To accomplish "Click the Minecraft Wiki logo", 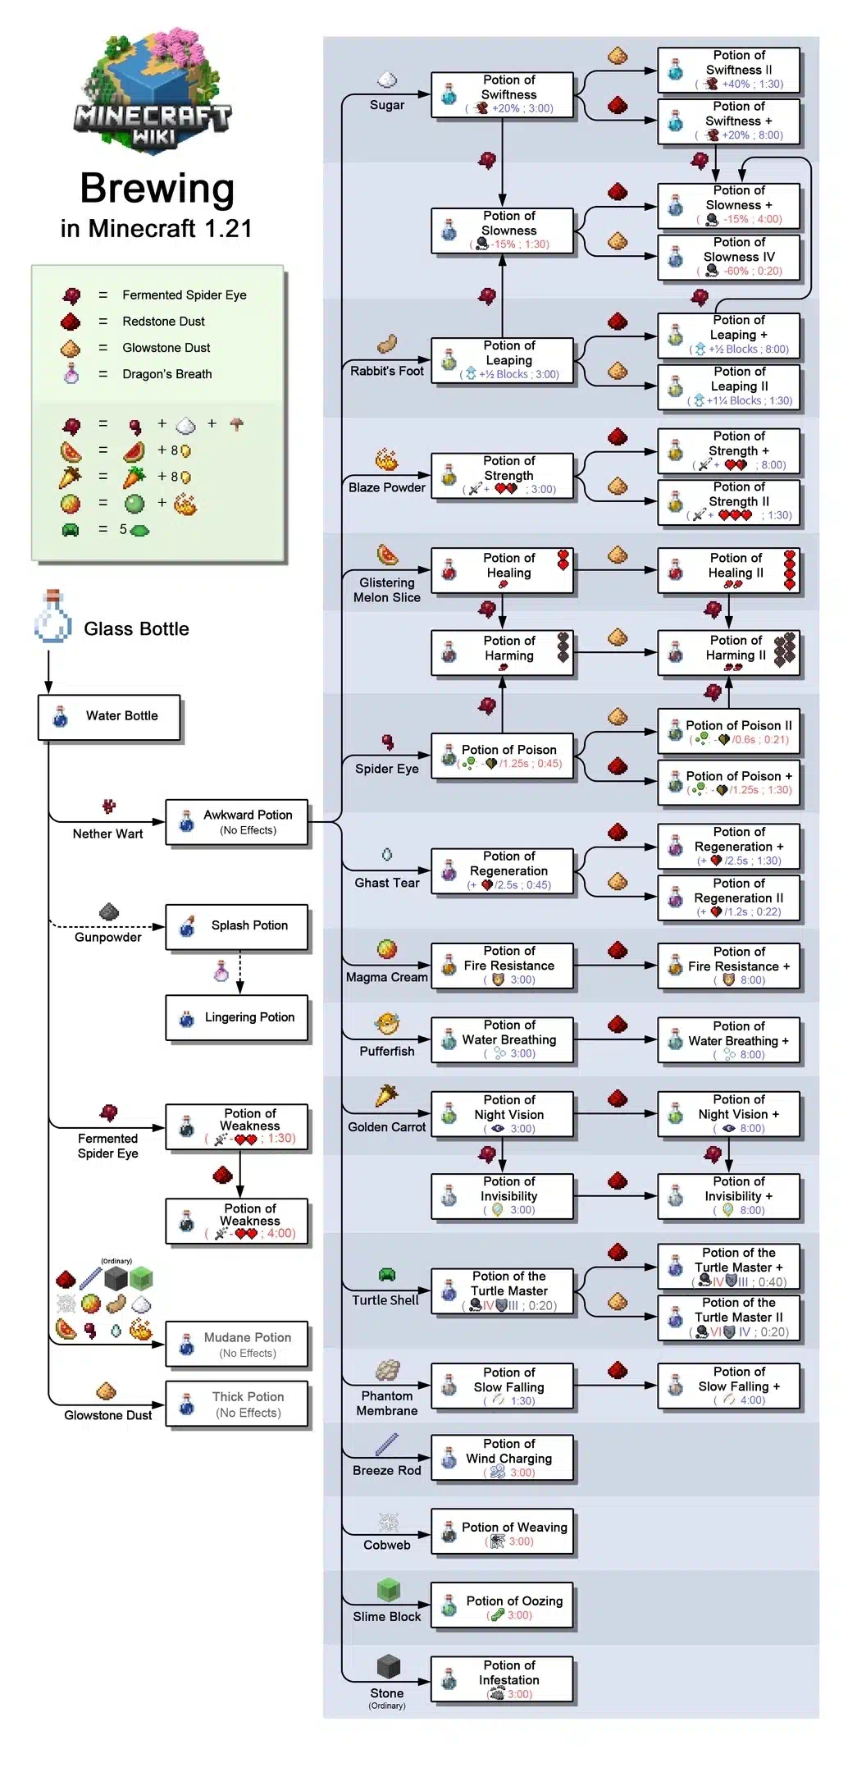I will (x=153, y=90).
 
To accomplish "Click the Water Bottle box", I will (x=109, y=717).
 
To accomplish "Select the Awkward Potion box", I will (x=237, y=822).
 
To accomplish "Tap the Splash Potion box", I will (x=237, y=927).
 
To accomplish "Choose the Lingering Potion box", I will (x=237, y=1018).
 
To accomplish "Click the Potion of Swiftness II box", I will (x=728, y=70).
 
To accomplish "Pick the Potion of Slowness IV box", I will (x=728, y=257).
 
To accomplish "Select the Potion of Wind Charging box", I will (x=502, y=1458).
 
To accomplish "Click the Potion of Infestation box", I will (x=502, y=1679).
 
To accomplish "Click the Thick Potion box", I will (x=237, y=1404).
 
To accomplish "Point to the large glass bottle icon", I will (x=52, y=617).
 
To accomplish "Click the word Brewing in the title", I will (x=157, y=189).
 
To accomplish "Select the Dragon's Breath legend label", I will (x=167, y=374).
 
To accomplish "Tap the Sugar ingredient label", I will (x=387, y=105).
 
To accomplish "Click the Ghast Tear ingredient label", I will (x=387, y=883).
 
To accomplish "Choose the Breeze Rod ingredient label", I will (x=387, y=1470).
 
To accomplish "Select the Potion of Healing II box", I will (x=728, y=571).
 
